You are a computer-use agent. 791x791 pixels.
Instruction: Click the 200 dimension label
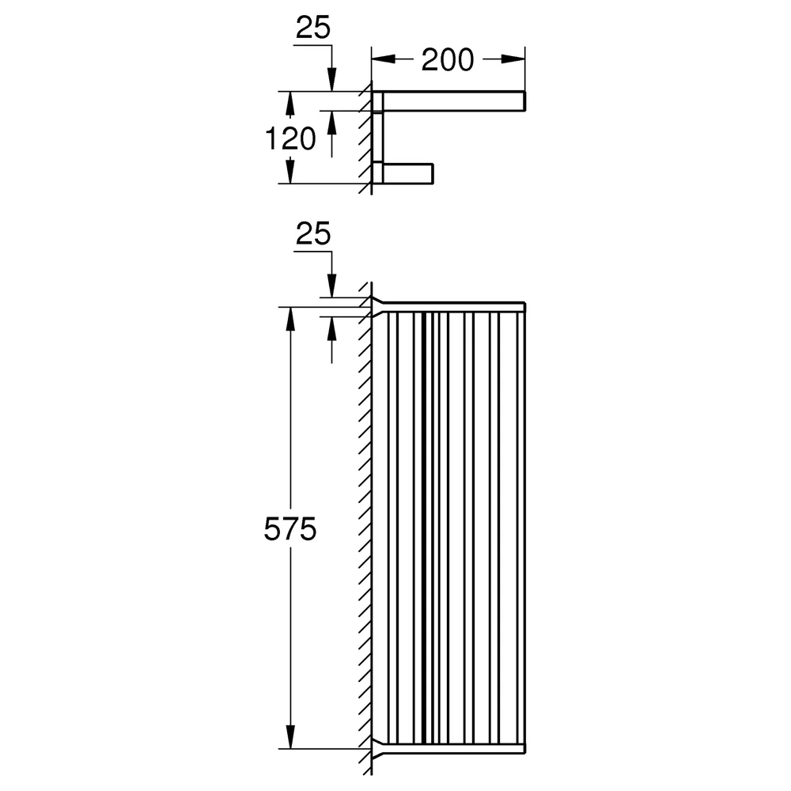coord(448,59)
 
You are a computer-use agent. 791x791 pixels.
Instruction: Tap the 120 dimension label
coord(290,138)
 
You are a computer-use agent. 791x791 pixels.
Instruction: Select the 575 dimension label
coord(290,529)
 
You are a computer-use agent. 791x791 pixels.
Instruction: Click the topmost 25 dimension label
coord(313,27)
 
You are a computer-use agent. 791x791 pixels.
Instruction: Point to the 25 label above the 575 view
coord(313,233)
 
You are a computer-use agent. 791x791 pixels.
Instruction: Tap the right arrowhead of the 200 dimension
coord(513,59)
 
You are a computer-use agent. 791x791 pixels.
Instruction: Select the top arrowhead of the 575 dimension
coord(290,319)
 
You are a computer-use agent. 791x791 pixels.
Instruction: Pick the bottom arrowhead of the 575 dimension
coord(290,737)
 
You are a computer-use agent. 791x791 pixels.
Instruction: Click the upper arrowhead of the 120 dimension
coord(290,104)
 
